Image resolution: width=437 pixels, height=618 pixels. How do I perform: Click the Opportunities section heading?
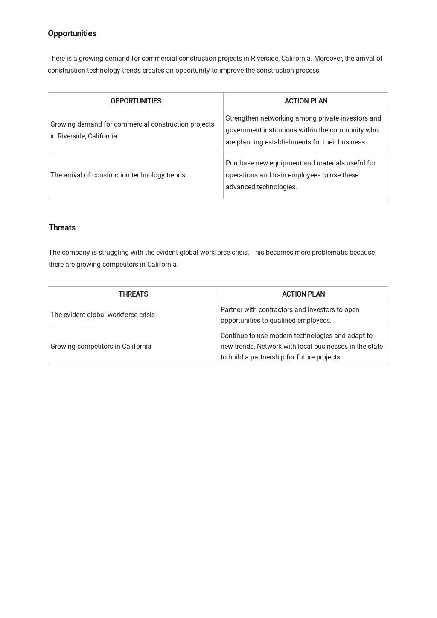click(x=72, y=34)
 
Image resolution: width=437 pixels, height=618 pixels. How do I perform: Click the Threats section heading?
click(x=62, y=228)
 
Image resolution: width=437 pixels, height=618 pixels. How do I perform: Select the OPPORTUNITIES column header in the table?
click(x=136, y=101)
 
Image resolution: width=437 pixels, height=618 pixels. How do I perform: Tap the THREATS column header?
click(x=133, y=294)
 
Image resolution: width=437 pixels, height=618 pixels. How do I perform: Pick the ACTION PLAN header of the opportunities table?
click(x=306, y=101)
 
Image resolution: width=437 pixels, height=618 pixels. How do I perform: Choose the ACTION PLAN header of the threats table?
click(x=303, y=294)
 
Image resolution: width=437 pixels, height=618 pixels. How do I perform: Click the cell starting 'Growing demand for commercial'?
click(x=132, y=130)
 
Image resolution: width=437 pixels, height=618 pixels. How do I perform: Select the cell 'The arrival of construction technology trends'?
click(x=118, y=175)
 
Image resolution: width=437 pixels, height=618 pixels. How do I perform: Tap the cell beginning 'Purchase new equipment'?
click(x=300, y=175)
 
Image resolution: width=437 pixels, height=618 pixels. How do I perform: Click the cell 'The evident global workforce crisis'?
click(x=102, y=315)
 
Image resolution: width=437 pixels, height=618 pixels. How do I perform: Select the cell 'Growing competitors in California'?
click(x=101, y=347)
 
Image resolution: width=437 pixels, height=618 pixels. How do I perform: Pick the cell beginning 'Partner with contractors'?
click(x=290, y=315)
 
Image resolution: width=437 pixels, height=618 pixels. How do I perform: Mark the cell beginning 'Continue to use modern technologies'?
click(x=301, y=347)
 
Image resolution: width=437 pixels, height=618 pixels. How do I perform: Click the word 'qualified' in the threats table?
click(x=282, y=321)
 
